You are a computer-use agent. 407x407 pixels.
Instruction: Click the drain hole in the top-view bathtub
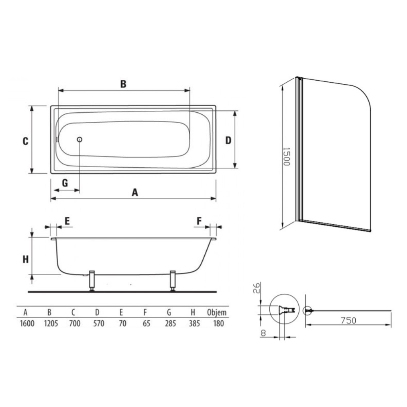[x=80, y=139]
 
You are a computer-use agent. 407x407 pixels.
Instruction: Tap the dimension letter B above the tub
[x=123, y=84]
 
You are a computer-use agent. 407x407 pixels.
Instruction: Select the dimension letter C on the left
[x=25, y=141]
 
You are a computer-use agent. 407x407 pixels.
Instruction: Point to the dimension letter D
[x=228, y=140]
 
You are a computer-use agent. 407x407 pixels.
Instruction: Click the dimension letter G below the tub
[x=65, y=183]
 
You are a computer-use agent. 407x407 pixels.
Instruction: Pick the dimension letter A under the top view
[x=135, y=193]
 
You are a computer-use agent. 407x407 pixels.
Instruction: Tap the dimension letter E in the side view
[x=67, y=221]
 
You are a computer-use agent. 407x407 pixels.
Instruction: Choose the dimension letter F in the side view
[x=199, y=221]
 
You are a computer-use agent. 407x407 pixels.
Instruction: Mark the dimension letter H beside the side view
[x=25, y=259]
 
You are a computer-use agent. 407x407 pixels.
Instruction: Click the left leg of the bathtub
[x=92, y=281]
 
